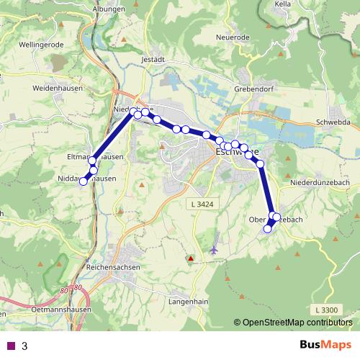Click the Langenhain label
tap(189, 302)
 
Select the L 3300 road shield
tap(325, 309)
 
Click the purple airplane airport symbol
tap(214, 249)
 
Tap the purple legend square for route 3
tap(11, 346)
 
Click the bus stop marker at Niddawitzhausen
tap(83, 181)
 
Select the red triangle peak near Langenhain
tap(190, 258)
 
